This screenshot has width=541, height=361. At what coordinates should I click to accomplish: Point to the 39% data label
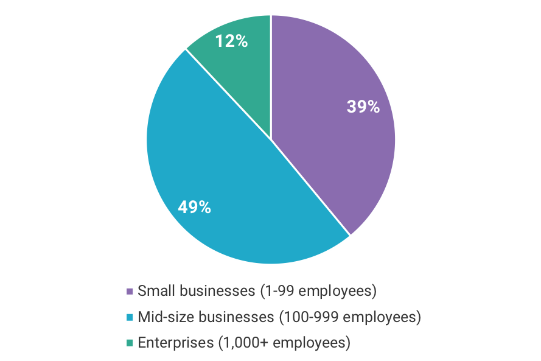click(363, 107)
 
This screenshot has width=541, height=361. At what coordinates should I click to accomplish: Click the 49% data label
click(194, 208)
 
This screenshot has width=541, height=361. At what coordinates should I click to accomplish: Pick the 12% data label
click(231, 41)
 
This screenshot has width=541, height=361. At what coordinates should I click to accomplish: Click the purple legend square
click(130, 291)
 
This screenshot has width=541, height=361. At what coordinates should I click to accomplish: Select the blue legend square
click(130, 317)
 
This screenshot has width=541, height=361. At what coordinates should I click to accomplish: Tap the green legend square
click(130, 343)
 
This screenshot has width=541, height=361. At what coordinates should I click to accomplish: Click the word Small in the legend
click(153, 291)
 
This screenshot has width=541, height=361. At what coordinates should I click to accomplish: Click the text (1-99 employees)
click(318, 291)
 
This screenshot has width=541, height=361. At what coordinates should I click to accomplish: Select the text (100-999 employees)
click(349, 317)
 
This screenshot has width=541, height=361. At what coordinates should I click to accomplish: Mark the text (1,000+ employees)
click(284, 343)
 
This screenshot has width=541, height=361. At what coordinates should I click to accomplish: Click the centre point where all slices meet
click(271, 139)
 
